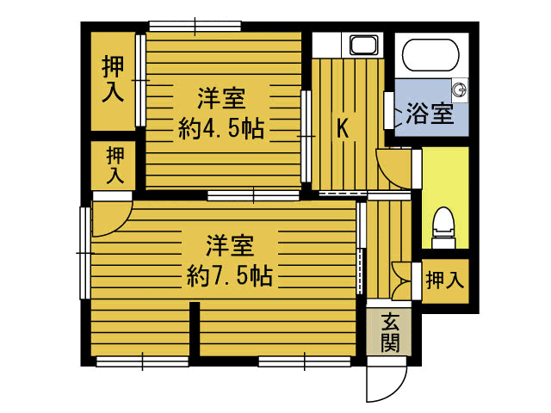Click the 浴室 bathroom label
coord(430,114)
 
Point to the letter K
coord(342,129)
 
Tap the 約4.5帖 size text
coord(221,129)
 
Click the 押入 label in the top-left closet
coord(113,79)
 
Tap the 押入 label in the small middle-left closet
coord(115,166)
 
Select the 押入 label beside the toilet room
coord(445,280)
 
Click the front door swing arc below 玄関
coord(387,383)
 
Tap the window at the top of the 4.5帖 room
coord(194,26)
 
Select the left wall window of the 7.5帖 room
coord(84,253)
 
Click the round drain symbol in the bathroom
coord(459,87)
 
